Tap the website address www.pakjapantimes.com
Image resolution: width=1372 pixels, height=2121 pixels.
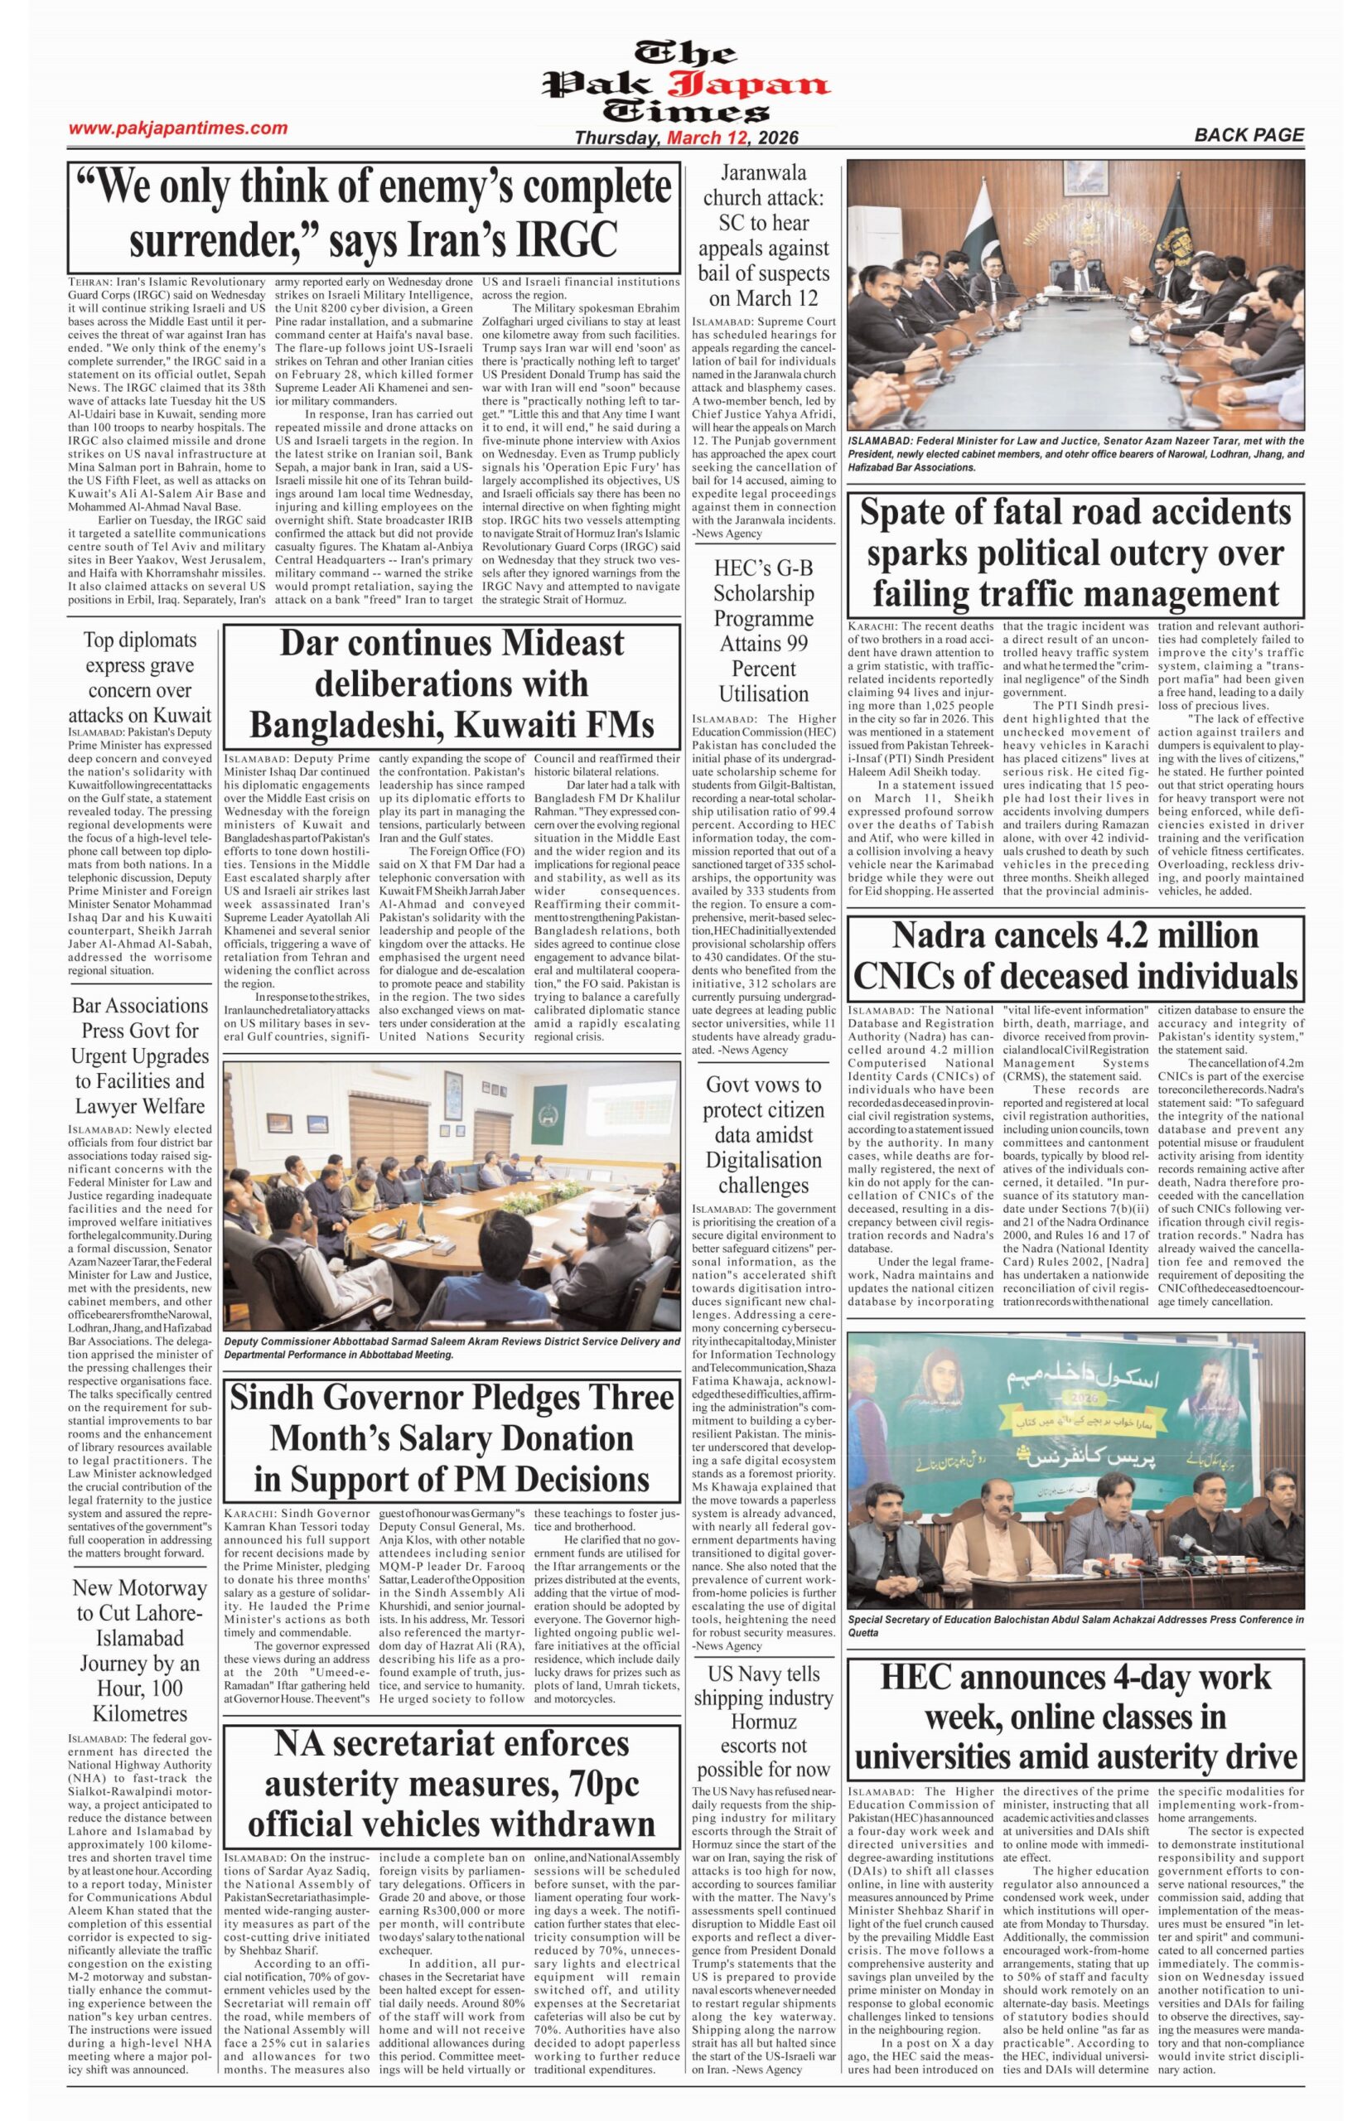click(178, 128)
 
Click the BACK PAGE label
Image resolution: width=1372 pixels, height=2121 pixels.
click(1249, 135)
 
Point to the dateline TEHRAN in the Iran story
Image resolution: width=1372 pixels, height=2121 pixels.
click(91, 282)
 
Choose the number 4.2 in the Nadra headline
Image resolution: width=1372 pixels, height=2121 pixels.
click(1100, 935)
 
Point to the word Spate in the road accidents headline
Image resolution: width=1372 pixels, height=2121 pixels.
click(914, 513)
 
